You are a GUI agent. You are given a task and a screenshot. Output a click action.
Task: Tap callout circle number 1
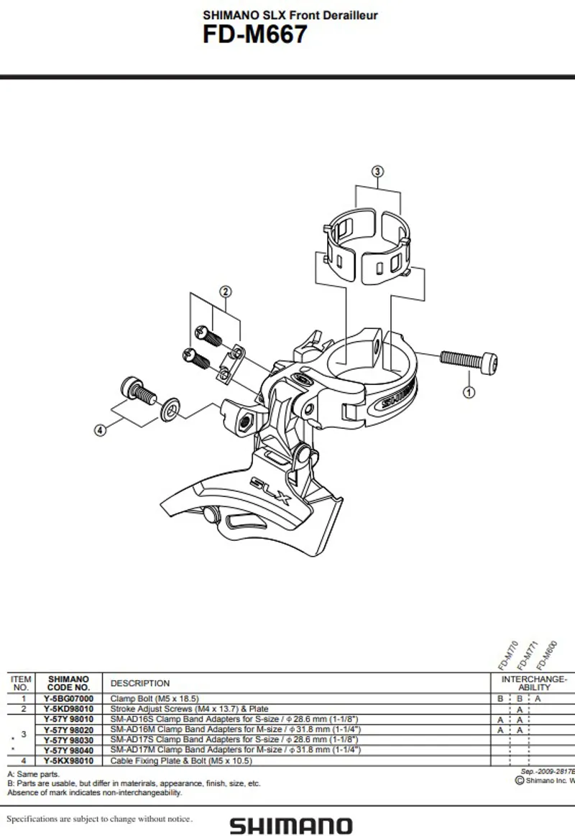click(469, 392)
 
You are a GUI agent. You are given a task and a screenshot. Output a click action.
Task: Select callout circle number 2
click(225, 292)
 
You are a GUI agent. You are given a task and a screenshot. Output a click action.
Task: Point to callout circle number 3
click(377, 171)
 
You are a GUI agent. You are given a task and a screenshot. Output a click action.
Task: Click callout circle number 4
click(100, 430)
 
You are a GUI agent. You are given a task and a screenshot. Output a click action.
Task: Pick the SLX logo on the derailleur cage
click(270, 492)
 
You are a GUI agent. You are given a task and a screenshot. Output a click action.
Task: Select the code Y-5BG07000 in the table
click(68, 698)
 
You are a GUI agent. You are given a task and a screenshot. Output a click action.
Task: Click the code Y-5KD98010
click(68, 708)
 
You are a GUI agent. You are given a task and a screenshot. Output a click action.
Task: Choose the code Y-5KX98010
click(68, 760)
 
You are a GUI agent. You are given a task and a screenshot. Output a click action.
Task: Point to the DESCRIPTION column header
click(140, 683)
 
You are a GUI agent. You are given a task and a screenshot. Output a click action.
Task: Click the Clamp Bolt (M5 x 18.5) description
click(155, 698)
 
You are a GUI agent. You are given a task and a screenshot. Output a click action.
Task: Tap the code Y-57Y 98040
click(68, 749)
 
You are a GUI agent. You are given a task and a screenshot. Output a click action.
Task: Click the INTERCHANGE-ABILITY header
click(534, 682)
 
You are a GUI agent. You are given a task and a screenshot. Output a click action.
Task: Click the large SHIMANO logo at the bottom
click(290, 826)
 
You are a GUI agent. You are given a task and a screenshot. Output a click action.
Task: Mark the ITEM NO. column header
click(22, 682)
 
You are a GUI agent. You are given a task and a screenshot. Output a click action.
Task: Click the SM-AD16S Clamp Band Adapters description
click(234, 719)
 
